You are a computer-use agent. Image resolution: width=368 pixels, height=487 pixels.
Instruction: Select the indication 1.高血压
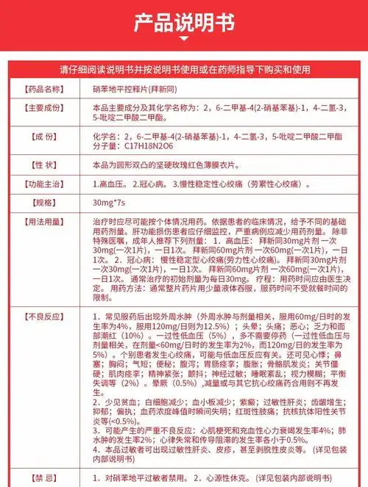coord(110,184)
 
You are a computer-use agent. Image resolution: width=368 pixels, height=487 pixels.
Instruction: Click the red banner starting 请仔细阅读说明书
coord(184,70)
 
